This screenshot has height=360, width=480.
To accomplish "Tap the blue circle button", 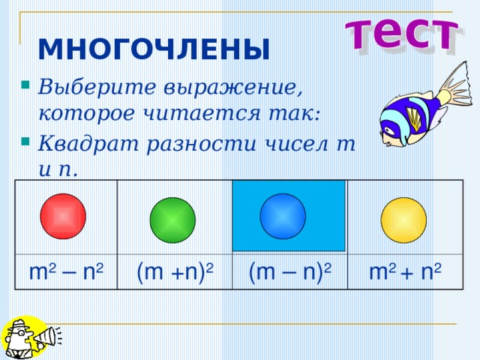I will (x=283, y=217).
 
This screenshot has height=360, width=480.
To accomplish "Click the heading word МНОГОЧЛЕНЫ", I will (x=153, y=49).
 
